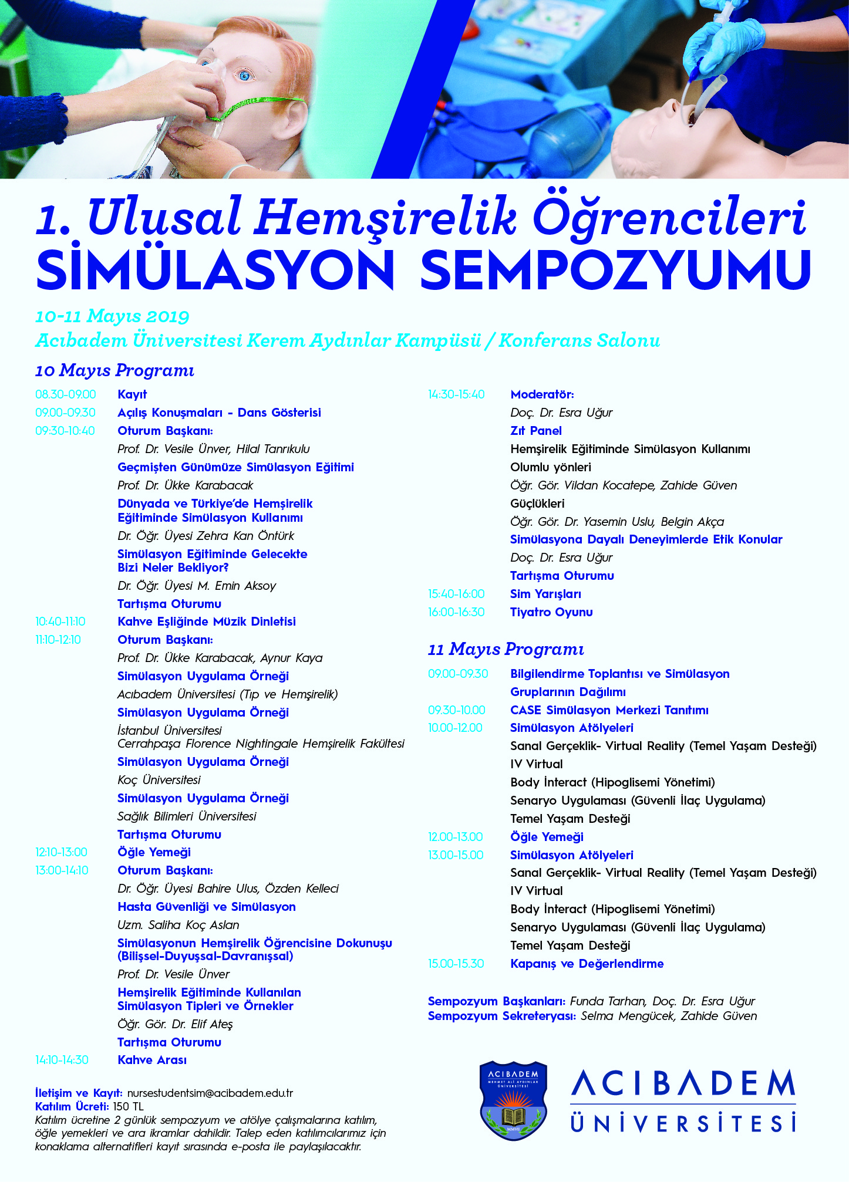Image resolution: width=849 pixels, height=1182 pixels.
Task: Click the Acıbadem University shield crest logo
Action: click(513, 1100)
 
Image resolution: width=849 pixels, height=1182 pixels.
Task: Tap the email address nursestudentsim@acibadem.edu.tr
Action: click(210, 1093)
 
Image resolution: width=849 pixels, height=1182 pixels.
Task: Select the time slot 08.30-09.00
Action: click(66, 394)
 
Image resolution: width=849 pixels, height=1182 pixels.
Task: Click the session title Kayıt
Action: click(132, 394)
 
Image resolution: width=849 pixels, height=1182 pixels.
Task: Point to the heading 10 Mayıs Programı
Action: click(114, 371)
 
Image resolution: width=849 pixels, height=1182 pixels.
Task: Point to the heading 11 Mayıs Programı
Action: click(506, 650)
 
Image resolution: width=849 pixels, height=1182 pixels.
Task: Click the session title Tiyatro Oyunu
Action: click(551, 612)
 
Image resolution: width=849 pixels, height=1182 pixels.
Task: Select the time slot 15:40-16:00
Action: click(456, 594)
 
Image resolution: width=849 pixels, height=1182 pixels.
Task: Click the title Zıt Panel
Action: click(536, 431)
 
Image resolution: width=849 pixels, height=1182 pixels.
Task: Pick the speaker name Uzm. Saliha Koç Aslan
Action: click(178, 925)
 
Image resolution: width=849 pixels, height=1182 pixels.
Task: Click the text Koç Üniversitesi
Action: click(159, 780)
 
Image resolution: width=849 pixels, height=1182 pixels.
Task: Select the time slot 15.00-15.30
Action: click(456, 964)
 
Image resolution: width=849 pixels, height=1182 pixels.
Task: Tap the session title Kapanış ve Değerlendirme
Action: click(587, 964)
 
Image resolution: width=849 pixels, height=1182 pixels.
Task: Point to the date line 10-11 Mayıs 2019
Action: click(112, 317)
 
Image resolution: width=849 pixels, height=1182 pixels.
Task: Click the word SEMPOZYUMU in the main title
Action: click(616, 270)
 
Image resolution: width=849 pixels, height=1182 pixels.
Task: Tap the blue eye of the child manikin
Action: click(244, 75)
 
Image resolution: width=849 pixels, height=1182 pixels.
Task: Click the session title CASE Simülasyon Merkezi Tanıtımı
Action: click(609, 710)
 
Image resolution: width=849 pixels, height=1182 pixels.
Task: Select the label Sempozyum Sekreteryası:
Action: click(502, 1016)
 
